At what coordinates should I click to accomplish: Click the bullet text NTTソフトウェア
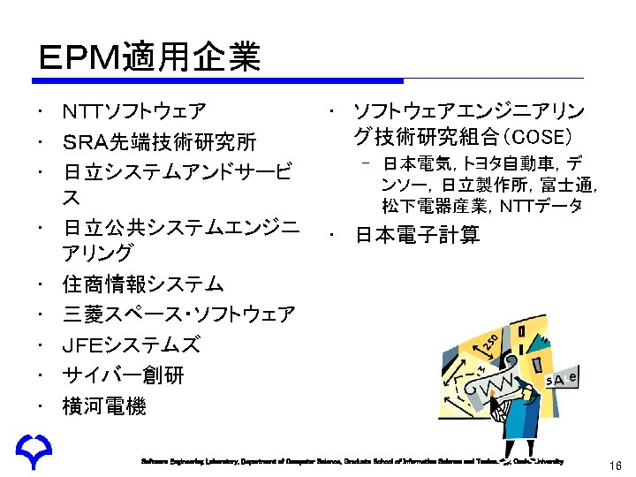point(134,112)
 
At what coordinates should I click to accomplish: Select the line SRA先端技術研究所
point(159,141)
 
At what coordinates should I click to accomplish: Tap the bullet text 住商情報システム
point(142,284)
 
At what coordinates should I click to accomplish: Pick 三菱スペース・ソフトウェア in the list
point(179,314)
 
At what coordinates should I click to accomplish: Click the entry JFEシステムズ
point(131,344)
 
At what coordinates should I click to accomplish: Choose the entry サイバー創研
point(123,375)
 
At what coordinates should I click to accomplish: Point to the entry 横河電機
point(104,406)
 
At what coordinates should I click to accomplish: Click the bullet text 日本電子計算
point(417,235)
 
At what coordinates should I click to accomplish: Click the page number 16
point(616,465)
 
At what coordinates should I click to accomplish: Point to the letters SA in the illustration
point(556,380)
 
